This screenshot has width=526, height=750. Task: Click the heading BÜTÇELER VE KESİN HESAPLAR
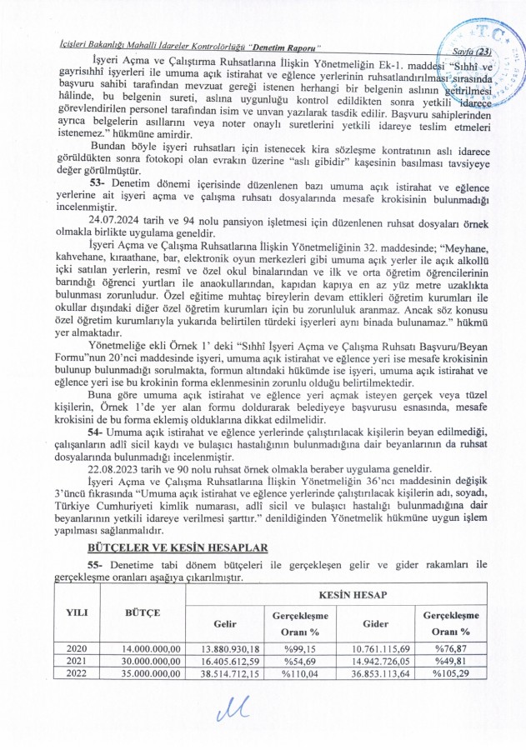pyautogui.click(x=177, y=547)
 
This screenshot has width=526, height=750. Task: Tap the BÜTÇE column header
pyautogui.click(x=143, y=612)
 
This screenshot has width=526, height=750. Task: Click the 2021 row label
pyautogui.click(x=76, y=660)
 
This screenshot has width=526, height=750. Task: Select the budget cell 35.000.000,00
pyautogui.click(x=151, y=672)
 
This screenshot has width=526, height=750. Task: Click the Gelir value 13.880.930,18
pyautogui.click(x=224, y=648)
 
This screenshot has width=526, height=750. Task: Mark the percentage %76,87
pyautogui.click(x=455, y=648)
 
